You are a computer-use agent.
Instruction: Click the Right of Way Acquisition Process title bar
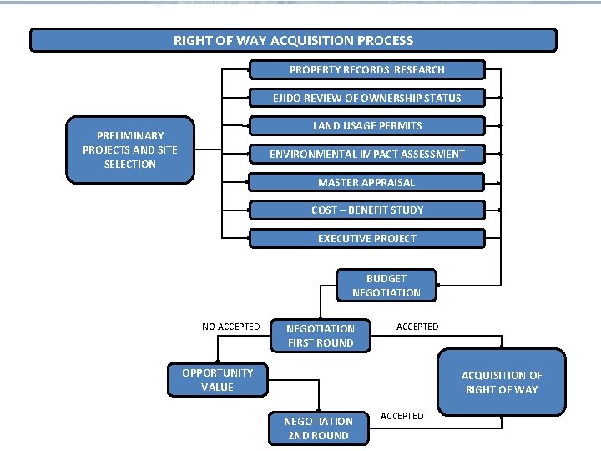[x=293, y=40]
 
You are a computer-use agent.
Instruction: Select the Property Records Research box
[x=367, y=70]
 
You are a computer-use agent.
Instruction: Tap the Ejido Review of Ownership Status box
[x=367, y=98]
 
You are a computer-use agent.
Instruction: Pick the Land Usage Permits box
[x=367, y=126]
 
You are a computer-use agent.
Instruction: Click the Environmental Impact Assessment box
[x=367, y=154]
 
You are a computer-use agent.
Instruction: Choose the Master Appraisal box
[x=367, y=182]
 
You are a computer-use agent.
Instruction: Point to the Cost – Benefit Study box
[x=367, y=210]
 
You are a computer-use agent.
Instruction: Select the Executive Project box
[x=367, y=238]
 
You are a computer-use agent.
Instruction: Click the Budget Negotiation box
[x=386, y=286]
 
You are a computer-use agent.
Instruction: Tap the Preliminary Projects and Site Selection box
[x=130, y=149]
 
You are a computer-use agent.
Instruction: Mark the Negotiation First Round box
[x=320, y=336]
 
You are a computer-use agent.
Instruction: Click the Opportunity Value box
[x=217, y=380]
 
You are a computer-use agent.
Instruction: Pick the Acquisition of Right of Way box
[x=501, y=383]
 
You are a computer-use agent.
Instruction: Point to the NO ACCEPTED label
[x=230, y=327]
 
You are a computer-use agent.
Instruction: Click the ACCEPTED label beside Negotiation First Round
[x=417, y=327]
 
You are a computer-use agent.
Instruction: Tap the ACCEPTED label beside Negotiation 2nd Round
[x=402, y=416]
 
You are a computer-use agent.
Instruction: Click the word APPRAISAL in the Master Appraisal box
[x=387, y=182]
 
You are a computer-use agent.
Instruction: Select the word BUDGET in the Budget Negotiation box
[x=386, y=278]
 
